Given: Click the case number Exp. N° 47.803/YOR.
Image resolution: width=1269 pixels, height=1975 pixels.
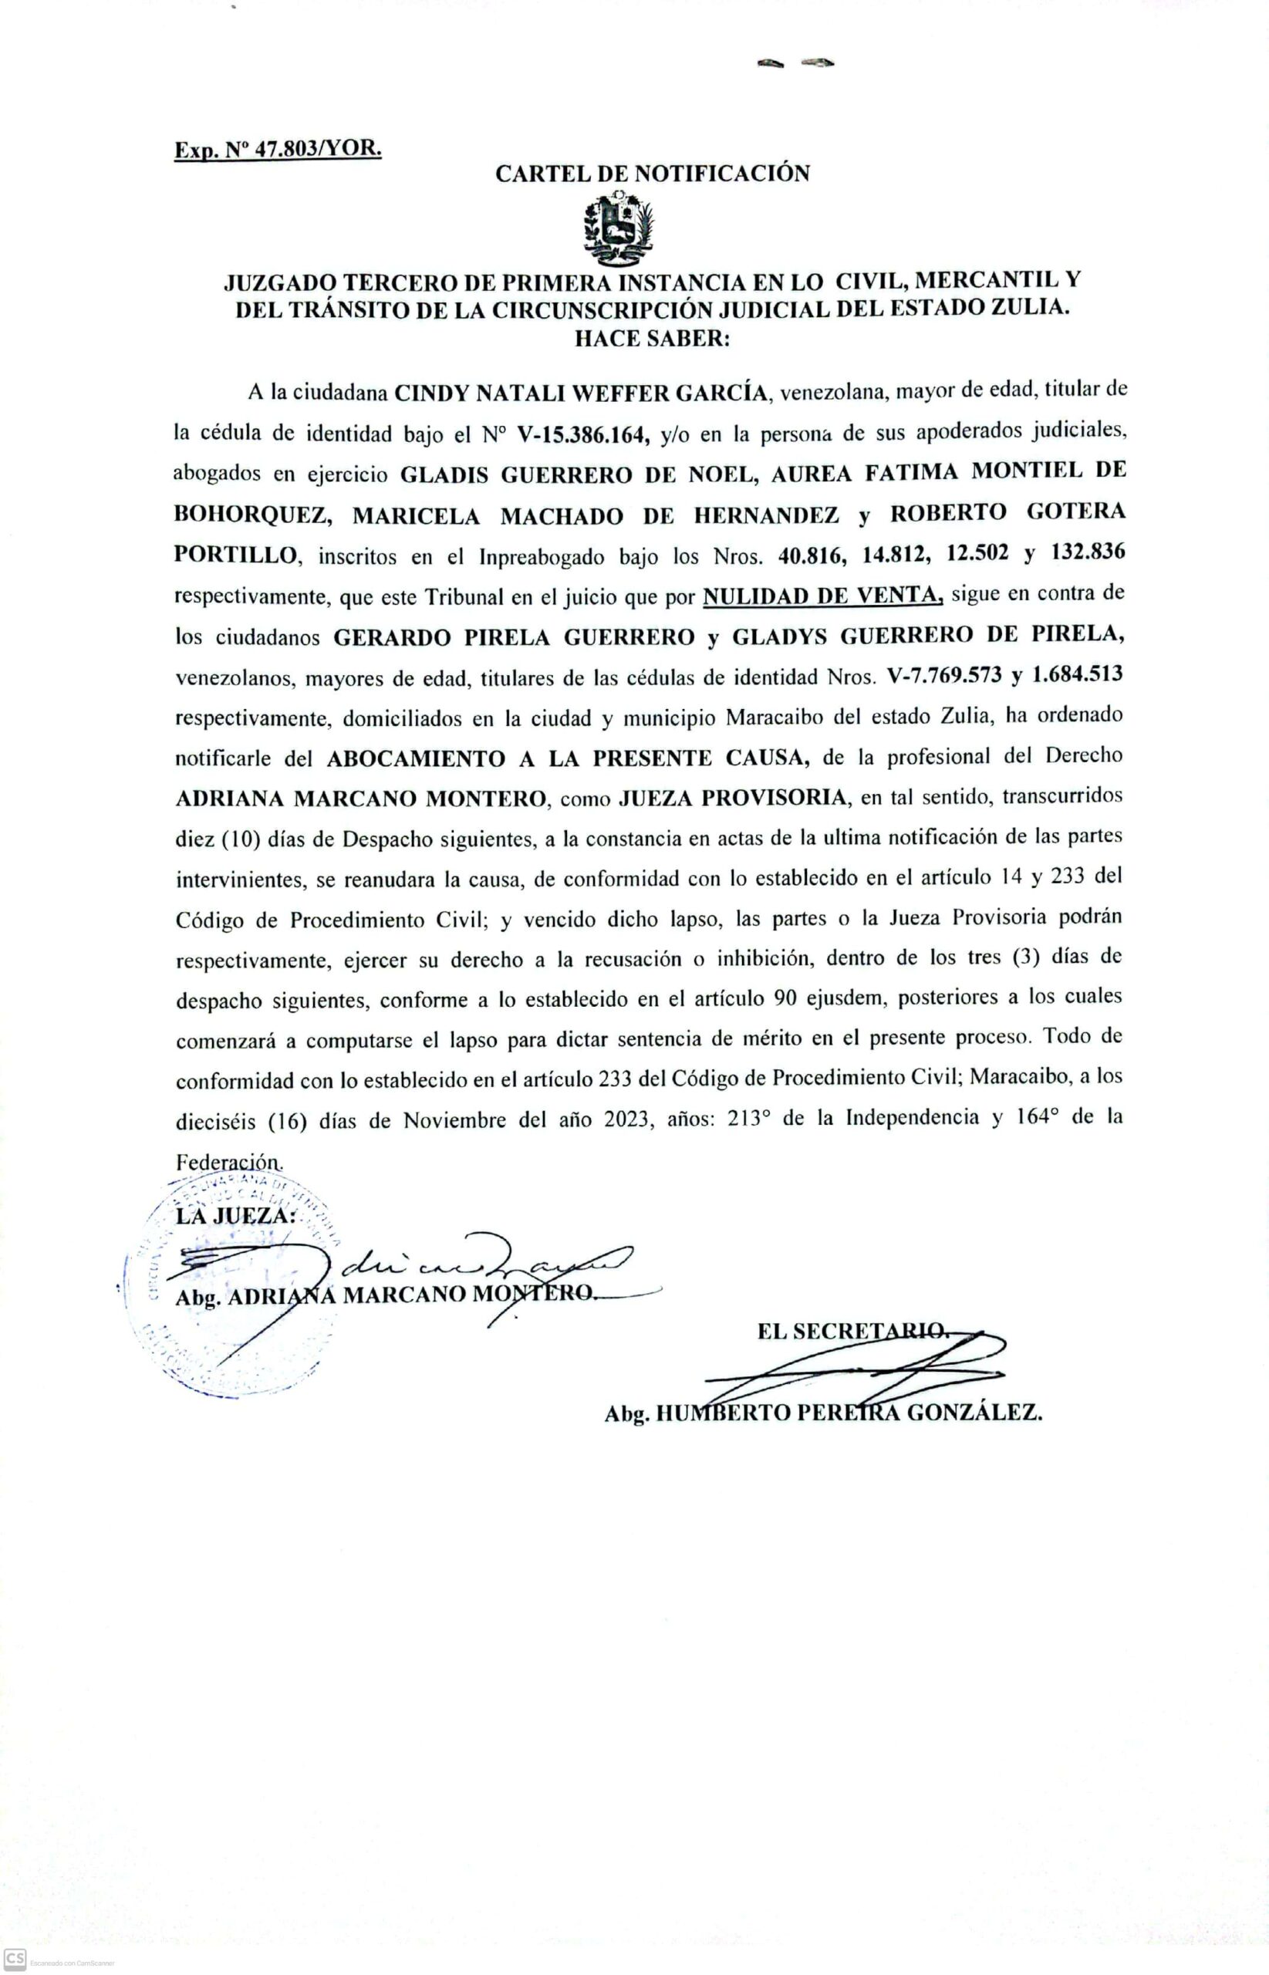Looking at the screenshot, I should tap(277, 150).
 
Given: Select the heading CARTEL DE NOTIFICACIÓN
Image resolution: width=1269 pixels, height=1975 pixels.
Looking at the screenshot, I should tap(652, 174).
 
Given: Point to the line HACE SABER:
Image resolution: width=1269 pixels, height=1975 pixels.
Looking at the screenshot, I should tap(652, 339).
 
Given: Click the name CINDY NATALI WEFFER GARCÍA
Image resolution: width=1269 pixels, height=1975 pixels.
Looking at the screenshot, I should tap(582, 392).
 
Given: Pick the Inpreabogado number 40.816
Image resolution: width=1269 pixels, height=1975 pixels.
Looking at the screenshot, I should tap(812, 555).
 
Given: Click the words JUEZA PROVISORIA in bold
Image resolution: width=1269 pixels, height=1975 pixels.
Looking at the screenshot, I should tap(733, 798).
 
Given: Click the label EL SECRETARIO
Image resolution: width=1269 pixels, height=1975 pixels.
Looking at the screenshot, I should tap(853, 1331).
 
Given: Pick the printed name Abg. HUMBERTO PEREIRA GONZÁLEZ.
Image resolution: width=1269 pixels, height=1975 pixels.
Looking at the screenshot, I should tap(823, 1414).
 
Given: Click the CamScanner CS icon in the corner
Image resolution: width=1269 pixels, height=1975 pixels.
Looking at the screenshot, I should tap(15, 1960).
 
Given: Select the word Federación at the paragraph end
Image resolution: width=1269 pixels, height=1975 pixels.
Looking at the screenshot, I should tap(228, 1162).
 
